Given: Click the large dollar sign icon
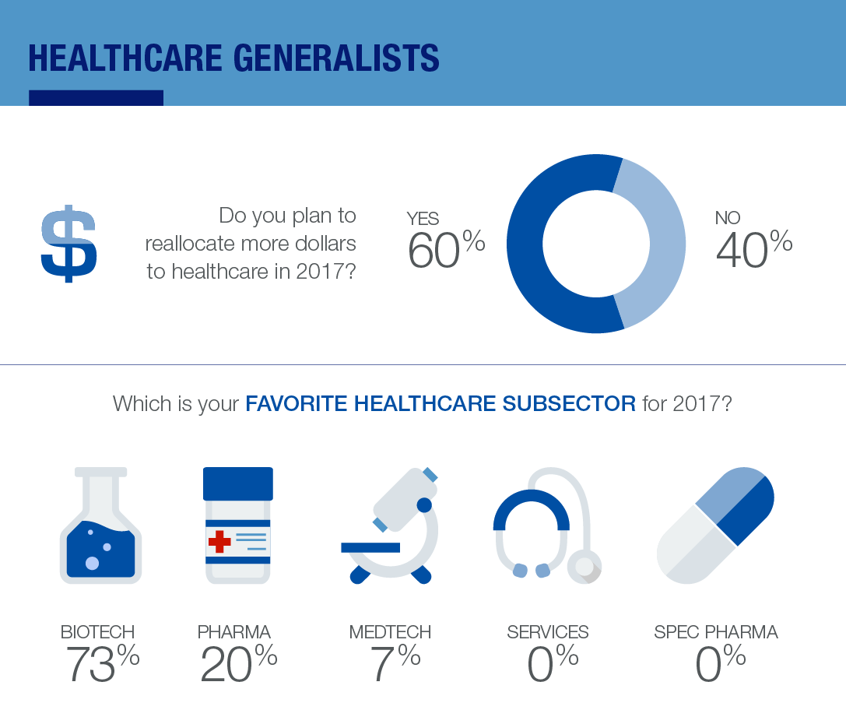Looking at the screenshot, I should (68, 243).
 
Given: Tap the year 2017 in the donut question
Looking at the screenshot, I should (322, 272).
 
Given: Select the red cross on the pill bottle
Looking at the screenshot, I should (219, 540).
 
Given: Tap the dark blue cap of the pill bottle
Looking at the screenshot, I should (238, 483).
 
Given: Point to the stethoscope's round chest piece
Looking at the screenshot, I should (584, 566).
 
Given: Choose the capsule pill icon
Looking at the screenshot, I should (715, 525).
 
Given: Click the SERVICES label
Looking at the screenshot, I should (548, 631).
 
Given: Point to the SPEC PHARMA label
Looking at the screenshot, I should (716, 631).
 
